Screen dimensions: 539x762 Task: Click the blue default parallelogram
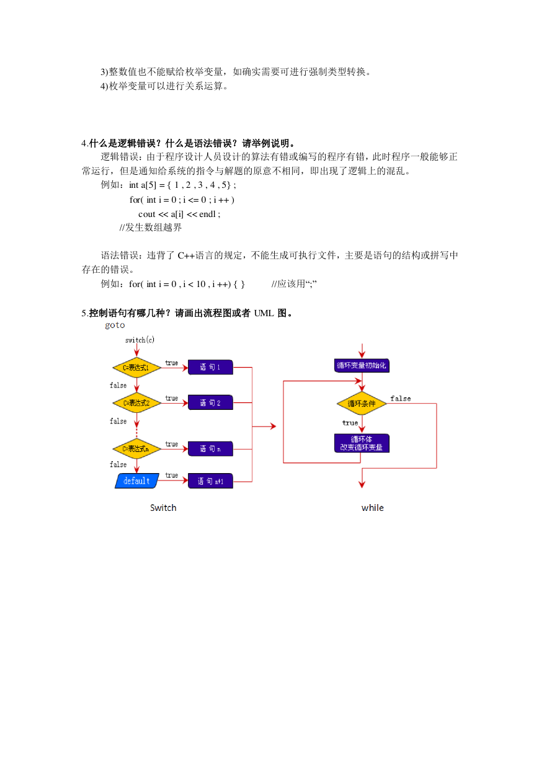click(137, 481)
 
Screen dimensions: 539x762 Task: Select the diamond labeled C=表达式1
click(136, 368)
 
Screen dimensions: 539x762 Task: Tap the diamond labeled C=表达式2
click(136, 403)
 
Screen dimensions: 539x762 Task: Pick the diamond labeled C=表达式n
click(136, 449)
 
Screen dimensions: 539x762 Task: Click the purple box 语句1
click(210, 367)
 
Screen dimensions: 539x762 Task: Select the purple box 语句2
click(210, 402)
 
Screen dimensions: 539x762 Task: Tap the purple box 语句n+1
click(210, 481)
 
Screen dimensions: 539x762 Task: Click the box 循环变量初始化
click(362, 365)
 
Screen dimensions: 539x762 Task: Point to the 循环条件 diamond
click(362, 404)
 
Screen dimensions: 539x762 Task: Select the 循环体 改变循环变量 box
click(362, 443)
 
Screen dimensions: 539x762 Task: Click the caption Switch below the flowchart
click(163, 508)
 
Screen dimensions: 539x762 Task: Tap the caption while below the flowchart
click(373, 508)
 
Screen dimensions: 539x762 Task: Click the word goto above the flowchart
click(115, 326)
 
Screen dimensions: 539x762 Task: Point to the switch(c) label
click(140, 340)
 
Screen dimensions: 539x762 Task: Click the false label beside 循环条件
click(401, 398)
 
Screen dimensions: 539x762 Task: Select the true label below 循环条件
click(350, 423)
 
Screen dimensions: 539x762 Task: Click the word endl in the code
click(207, 214)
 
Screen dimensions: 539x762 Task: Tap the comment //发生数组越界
click(150, 228)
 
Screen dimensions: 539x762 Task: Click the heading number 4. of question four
click(85, 143)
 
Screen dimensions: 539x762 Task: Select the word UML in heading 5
click(264, 313)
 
